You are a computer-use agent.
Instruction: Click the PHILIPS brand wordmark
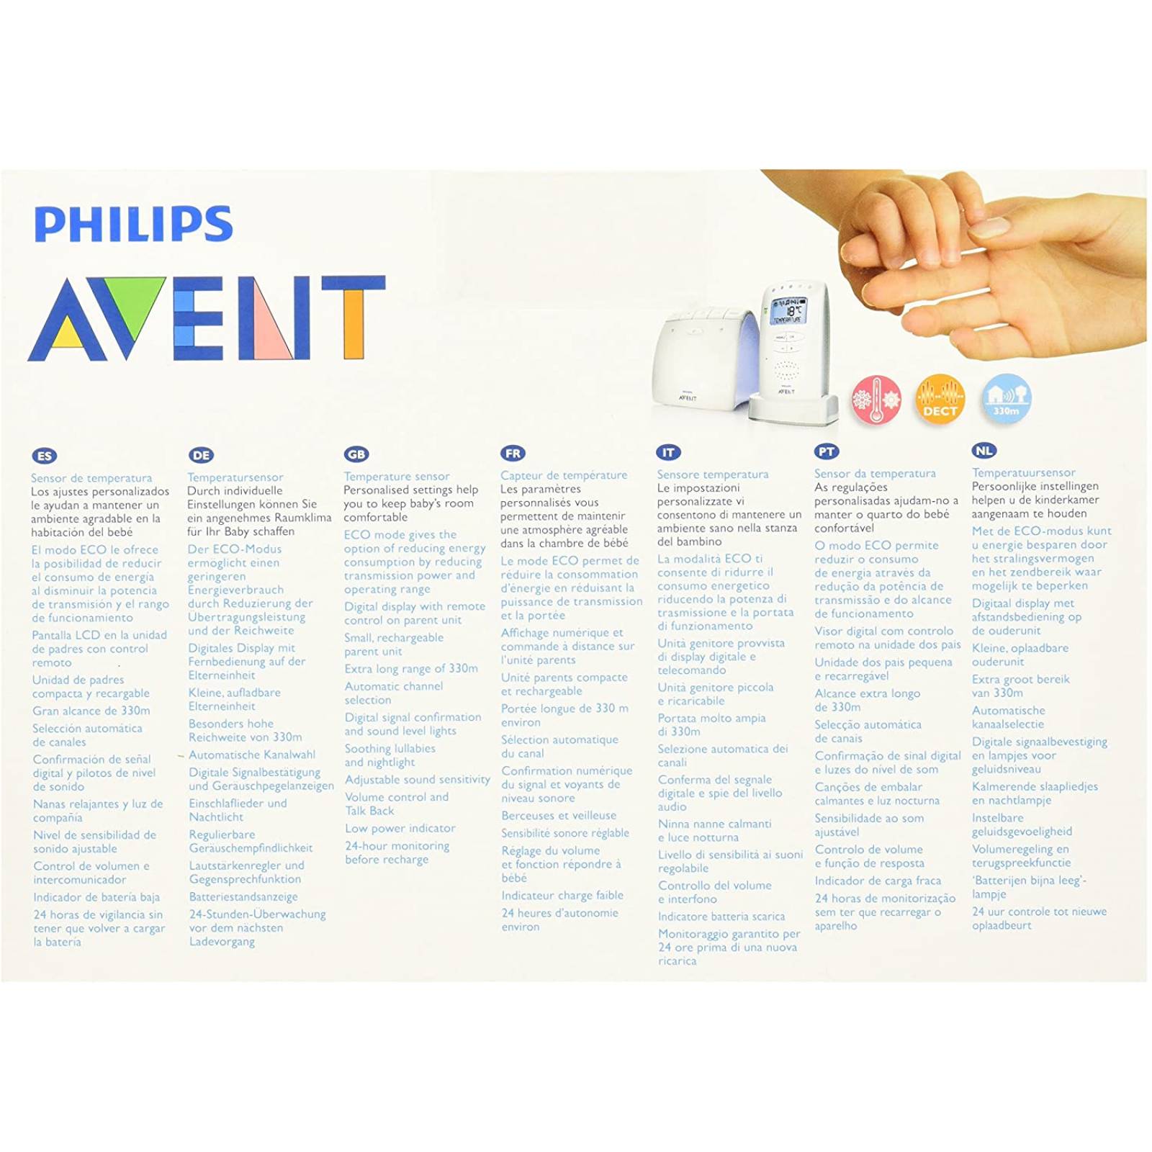point(133,224)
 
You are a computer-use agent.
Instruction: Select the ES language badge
point(45,456)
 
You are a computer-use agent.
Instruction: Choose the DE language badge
point(201,455)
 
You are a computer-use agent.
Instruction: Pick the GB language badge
point(356,454)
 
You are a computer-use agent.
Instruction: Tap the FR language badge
point(513,454)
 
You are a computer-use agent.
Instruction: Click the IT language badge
point(668,452)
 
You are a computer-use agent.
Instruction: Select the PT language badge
point(826,451)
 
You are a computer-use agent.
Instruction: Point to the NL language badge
point(984,451)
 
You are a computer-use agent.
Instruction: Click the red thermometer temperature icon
point(876,399)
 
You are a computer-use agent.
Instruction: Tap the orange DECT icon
point(940,399)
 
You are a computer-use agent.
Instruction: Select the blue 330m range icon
point(1006,398)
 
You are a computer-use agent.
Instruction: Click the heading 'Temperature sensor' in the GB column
point(397,476)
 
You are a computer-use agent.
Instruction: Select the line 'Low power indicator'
point(400,829)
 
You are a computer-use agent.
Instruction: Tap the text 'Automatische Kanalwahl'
point(252,755)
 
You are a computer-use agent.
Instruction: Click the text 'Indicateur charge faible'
point(562,896)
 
